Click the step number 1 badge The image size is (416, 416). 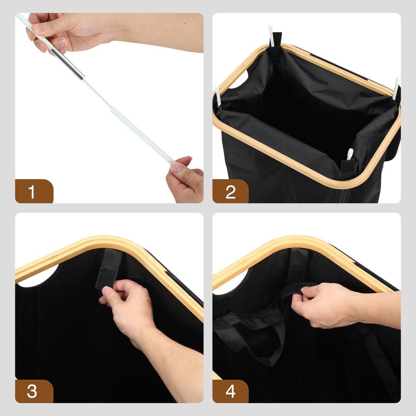pyautogui.click(x=34, y=191)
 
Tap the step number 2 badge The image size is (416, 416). pyautogui.click(x=231, y=191)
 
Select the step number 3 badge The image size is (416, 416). pyautogui.click(x=34, y=391)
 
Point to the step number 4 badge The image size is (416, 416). pyautogui.click(x=231, y=391)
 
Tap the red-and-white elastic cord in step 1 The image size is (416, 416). pyautogui.click(x=97, y=93)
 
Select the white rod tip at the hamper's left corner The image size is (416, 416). pyautogui.click(x=218, y=95)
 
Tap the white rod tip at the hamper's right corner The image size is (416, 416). pyautogui.click(x=396, y=87)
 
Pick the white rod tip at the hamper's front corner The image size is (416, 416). pyautogui.click(x=350, y=154)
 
